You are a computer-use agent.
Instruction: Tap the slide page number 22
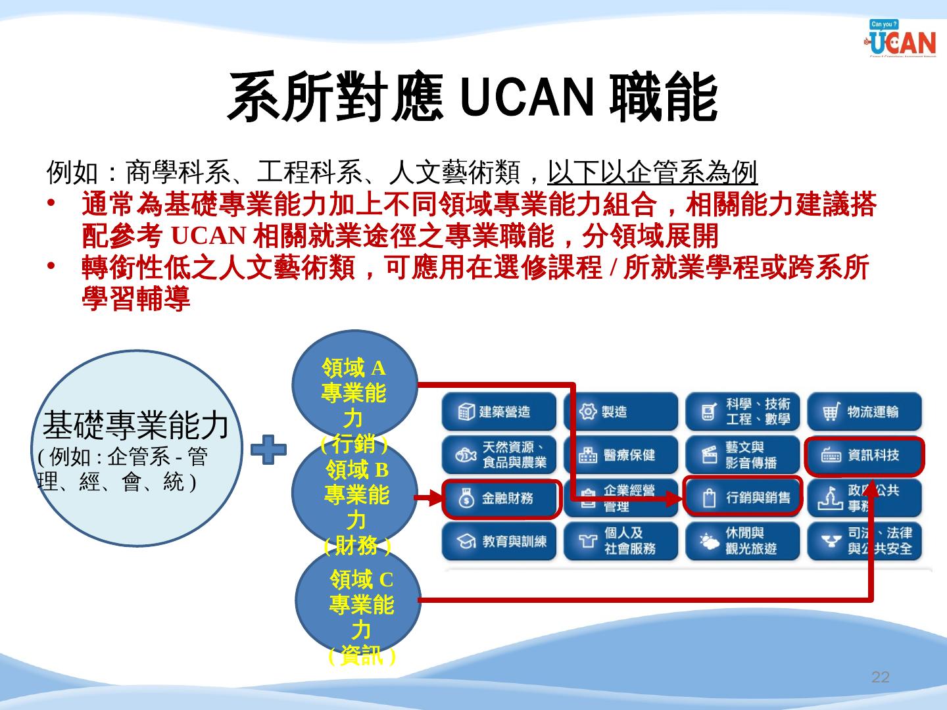point(880,678)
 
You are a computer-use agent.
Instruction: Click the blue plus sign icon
point(269,450)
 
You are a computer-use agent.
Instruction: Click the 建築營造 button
point(499,412)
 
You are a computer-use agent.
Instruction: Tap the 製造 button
point(620,412)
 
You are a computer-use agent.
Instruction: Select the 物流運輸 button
point(864,412)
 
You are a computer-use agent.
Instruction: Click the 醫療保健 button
point(620,455)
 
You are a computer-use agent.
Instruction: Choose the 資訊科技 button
point(864,455)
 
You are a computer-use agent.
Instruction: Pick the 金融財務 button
point(500,498)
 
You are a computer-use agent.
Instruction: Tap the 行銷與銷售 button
point(742,498)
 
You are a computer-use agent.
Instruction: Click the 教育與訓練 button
point(499,541)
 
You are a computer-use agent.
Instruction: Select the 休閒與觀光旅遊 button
point(742,541)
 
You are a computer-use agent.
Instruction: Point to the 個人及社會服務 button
point(620,541)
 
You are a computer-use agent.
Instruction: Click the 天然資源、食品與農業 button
point(499,455)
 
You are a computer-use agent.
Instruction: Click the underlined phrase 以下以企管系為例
point(652,173)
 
